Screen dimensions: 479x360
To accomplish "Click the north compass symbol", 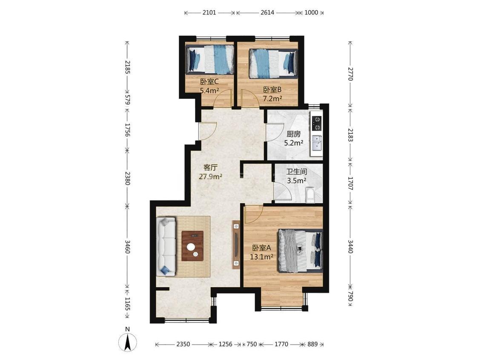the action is pyautogui.click(x=128, y=342).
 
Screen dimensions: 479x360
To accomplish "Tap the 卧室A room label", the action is pyautogui.click(x=261, y=248).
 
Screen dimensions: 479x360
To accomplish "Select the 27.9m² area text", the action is pyautogui.click(x=210, y=177).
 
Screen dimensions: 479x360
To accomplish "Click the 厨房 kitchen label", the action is pyautogui.click(x=293, y=134).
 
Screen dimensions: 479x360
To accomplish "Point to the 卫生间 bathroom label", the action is pyautogui.click(x=296, y=172).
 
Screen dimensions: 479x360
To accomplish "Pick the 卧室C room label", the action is pyautogui.click(x=209, y=82).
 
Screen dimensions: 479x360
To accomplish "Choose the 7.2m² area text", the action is pyautogui.click(x=272, y=98).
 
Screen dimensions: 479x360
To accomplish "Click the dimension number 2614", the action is pyautogui.click(x=267, y=12).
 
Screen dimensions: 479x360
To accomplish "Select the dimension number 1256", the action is pyautogui.click(x=225, y=344).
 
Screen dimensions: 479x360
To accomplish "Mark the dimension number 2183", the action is pyautogui.click(x=350, y=135).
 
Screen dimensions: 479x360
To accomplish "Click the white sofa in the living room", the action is pyautogui.click(x=166, y=246).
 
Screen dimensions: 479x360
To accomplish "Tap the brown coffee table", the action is pyautogui.click(x=192, y=246).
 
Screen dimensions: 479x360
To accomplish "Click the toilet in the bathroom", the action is pyautogui.click(x=310, y=195).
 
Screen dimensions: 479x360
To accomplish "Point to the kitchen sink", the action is pyautogui.click(x=316, y=143).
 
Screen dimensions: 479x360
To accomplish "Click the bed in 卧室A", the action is pyautogui.click(x=300, y=251).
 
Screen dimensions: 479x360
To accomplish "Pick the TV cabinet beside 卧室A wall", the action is pyautogui.click(x=236, y=245).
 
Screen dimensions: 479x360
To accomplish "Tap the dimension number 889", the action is pyautogui.click(x=313, y=344).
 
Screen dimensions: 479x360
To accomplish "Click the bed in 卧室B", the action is pyautogui.click(x=273, y=63).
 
